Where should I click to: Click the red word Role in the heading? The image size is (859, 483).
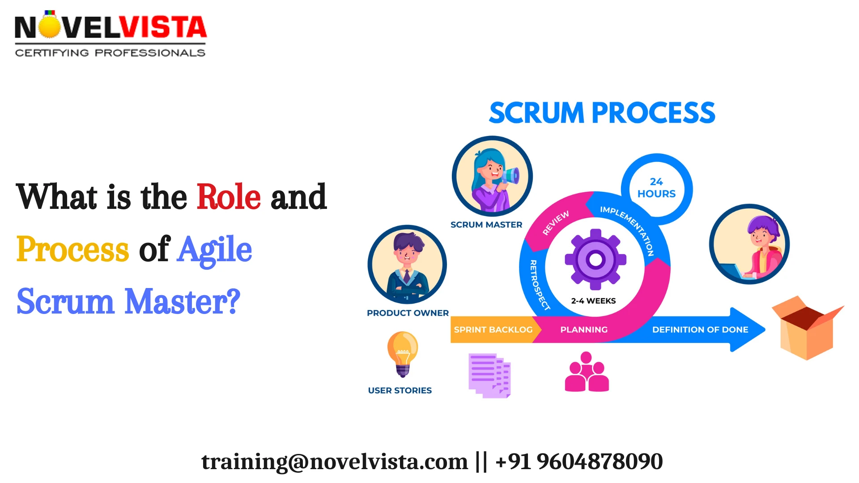[x=228, y=197]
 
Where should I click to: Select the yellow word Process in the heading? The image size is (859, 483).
[x=72, y=250]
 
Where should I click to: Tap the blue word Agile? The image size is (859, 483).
[x=214, y=250]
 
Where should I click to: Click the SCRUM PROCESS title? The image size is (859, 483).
[x=602, y=113]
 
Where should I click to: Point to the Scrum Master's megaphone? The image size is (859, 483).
[x=510, y=175]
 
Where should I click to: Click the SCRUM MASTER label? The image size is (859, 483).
[x=486, y=225]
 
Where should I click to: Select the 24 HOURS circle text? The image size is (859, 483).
[x=656, y=188]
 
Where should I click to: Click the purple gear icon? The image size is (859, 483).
[x=595, y=259]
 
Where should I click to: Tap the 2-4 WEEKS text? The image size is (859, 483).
[x=593, y=301]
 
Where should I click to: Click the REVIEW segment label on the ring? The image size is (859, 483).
[x=556, y=222]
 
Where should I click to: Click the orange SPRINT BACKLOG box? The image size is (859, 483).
[x=493, y=330]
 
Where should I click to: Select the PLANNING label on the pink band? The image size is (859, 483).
[x=584, y=330]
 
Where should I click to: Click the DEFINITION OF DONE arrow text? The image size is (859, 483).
[x=700, y=330]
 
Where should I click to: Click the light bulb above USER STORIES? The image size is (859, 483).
[x=403, y=353]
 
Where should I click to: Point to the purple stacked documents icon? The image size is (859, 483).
[x=489, y=375]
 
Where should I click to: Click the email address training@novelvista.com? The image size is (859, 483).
[x=334, y=462]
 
